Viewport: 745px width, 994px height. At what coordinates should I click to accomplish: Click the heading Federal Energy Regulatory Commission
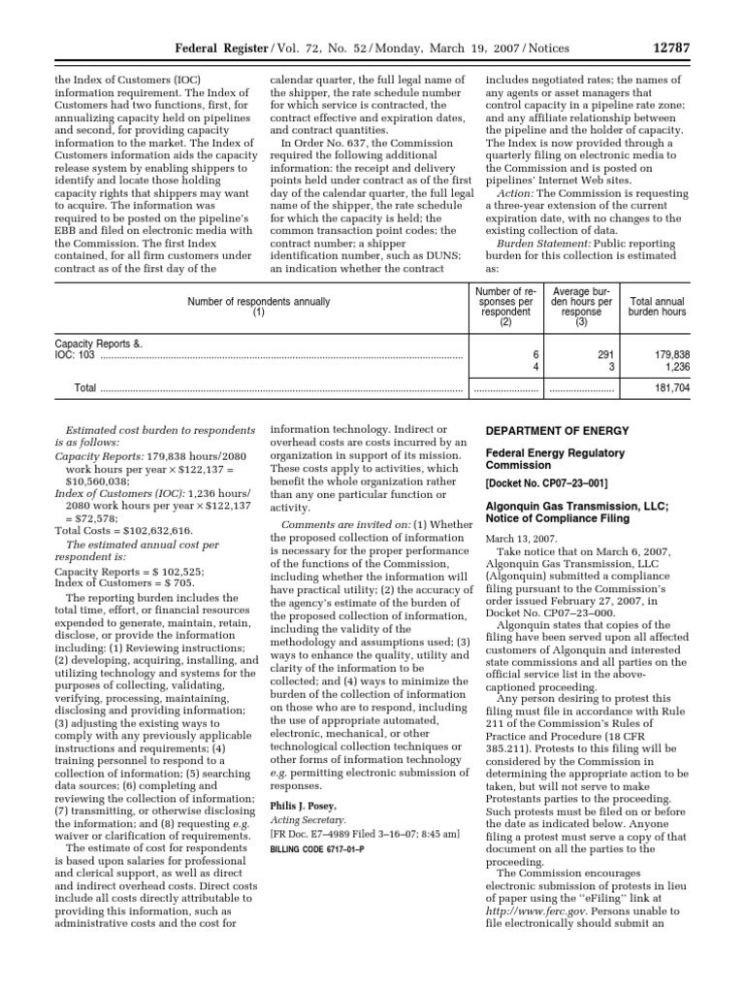click(554, 459)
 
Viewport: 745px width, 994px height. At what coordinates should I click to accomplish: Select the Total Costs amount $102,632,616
click(151, 531)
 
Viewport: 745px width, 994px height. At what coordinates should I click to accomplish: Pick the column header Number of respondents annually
click(259, 302)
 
